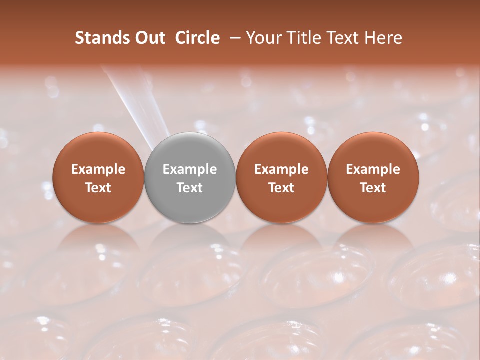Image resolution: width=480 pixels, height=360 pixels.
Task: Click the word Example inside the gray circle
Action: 190,169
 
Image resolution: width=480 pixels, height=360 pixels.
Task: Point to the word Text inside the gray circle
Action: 190,188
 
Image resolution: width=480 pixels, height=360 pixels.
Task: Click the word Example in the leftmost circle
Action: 98,169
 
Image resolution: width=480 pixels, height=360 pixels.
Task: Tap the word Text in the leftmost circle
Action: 98,188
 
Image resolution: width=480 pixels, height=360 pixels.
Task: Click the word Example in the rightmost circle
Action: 373,169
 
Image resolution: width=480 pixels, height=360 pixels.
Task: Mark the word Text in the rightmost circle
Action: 373,188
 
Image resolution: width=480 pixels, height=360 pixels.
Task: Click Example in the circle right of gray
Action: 281,169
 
